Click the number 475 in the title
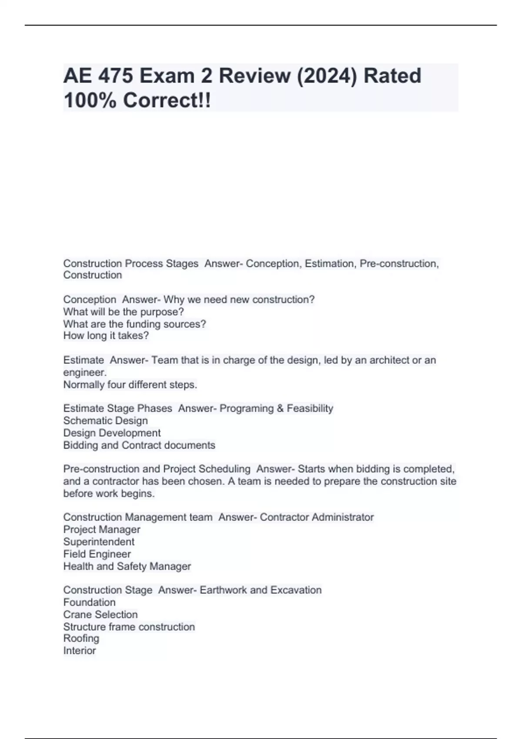tap(115, 76)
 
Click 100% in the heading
tap(90, 100)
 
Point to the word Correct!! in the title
tap(167, 100)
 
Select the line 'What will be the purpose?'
tap(124, 312)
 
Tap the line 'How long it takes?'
tap(106, 336)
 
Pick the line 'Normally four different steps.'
tap(130, 385)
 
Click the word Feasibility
tap(310, 408)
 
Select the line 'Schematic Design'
tap(105, 420)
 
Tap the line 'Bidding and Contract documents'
tap(139, 445)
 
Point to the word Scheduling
tap(224, 469)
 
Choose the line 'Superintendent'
tap(99, 542)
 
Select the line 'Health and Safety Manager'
tap(127, 566)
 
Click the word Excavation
tap(296, 590)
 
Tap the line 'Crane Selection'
tap(100, 614)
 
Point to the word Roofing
tap(81, 638)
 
